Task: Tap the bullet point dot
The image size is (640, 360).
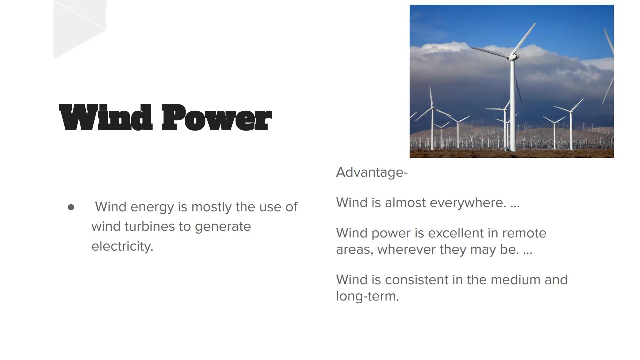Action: pos(71,207)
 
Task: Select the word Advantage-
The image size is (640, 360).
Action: pos(372,172)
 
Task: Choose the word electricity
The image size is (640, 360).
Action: pos(122,246)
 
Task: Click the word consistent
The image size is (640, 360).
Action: pos(416,280)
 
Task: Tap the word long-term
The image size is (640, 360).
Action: pos(367,296)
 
